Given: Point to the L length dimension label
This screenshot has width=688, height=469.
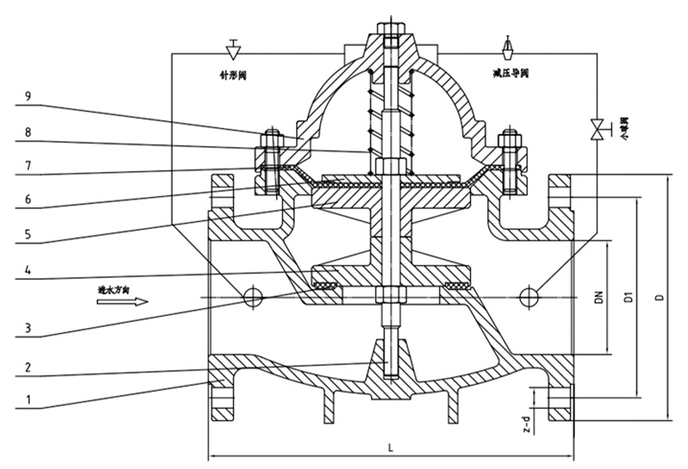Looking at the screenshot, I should [x=390, y=448].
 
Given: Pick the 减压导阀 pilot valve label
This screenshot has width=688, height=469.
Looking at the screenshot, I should [x=510, y=73].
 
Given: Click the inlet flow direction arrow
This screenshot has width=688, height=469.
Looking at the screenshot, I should [x=122, y=301].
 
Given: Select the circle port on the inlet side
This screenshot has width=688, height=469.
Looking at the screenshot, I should [x=253, y=296].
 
